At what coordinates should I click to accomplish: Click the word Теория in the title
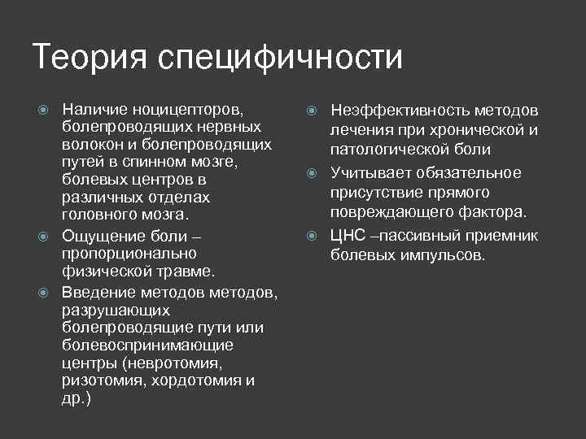click(90, 58)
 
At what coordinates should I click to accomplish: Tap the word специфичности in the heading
click(280, 59)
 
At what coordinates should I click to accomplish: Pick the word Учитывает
click(371, 172)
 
